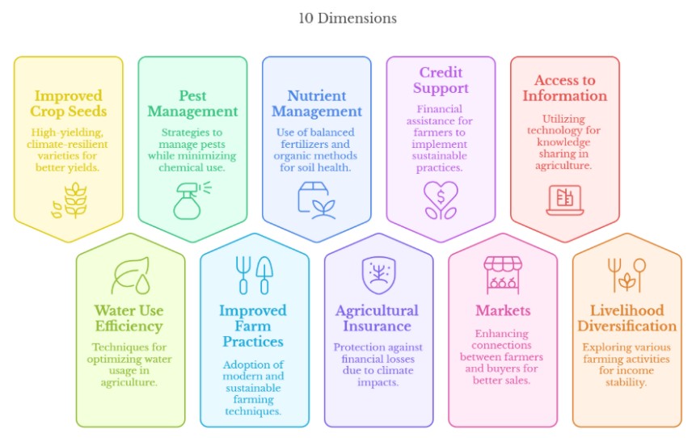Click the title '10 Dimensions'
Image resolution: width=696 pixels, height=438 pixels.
click(x=347, y=18)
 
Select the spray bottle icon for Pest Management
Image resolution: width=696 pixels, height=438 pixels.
click(x=192, y=199)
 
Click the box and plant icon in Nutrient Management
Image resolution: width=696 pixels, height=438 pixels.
click(x=316, y=199)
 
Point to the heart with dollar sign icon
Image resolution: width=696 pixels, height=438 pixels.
click(x=441, y=200)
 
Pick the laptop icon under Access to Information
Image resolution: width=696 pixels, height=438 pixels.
click(x=564, y=200)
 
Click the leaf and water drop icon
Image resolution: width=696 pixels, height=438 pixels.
click(x=130, y=276)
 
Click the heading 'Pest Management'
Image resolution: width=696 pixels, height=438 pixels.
click(x=192, y=103)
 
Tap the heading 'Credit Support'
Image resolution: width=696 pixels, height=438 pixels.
click(x=441, y=80)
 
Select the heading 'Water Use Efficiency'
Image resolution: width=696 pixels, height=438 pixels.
click(x=130, y=318)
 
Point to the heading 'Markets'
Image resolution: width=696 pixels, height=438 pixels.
click(x=502, y=310)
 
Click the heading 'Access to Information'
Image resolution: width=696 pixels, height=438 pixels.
click(x=564, y=88)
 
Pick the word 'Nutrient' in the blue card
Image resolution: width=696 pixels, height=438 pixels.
click(x=316, y=95)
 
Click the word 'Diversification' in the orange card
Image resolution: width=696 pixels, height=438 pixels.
click(x=626, y=326)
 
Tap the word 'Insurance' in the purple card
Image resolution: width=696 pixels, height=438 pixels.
click(x=378, y=326)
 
